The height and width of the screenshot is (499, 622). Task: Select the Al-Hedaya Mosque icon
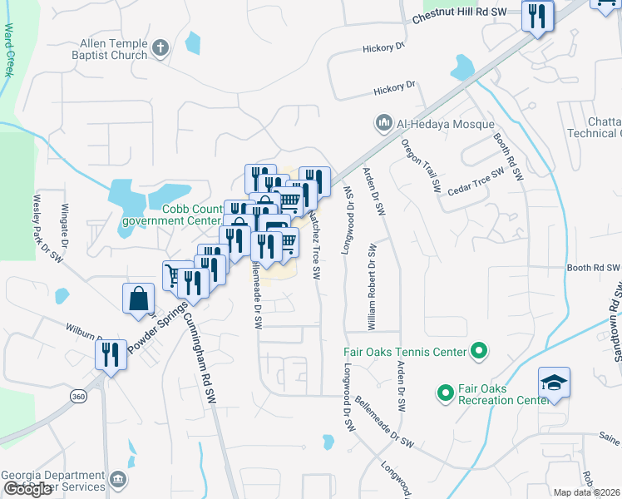(x=383, y=124)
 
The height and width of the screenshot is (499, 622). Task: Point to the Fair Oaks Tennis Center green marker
(x=478, y=352)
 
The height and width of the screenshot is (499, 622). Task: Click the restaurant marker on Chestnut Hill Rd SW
(x=537, y=15)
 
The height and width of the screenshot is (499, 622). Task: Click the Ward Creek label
(x=9, y=50)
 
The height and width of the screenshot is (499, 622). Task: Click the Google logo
(x=27, y=489)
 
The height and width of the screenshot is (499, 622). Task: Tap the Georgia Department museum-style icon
(x=118, y=479)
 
